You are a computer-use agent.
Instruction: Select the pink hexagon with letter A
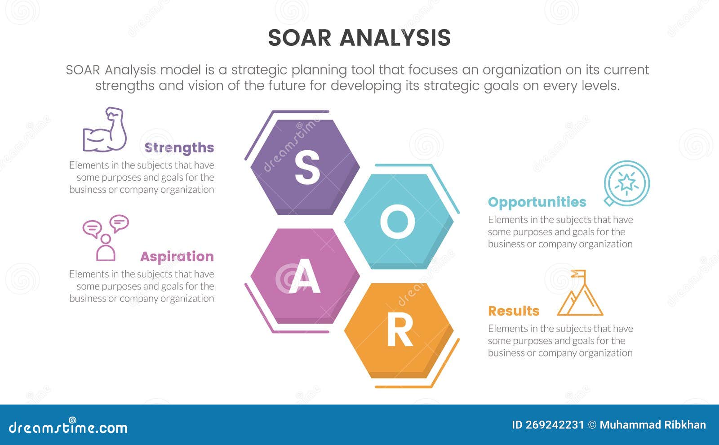305,276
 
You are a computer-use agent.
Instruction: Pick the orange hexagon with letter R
399,330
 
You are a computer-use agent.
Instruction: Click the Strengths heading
179,147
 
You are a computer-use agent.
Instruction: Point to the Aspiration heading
177,256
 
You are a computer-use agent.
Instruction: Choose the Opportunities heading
537,202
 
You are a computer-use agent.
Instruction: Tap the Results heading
514,311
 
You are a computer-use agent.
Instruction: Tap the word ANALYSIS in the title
395,38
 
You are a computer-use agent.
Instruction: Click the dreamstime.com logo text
68,427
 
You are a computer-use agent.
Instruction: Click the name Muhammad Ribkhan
652,425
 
